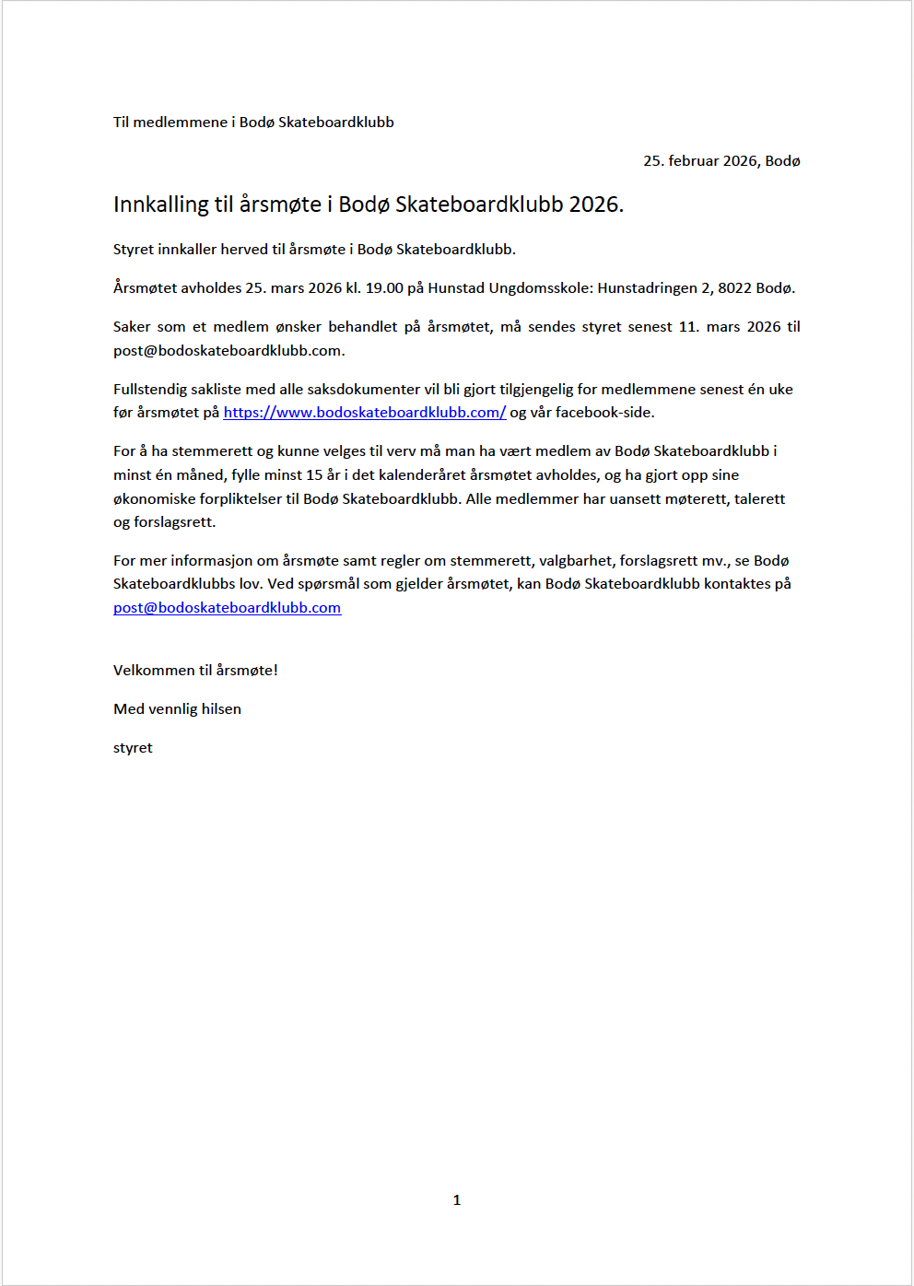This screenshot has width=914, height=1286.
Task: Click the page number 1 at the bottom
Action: (x=457, y=1199)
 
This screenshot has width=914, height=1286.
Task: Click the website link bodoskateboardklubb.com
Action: (x=364, y=413)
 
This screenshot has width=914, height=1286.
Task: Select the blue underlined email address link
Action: (x=227, y=608)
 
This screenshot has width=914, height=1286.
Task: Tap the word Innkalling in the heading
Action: (x=161, y=205)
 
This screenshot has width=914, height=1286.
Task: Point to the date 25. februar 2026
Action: (x=699, y=161)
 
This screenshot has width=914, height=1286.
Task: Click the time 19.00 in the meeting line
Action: (x=384, y=288)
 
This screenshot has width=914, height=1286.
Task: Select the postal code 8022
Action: (x=734, y=288)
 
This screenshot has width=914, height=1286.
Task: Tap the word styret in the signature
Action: (x=133, y=748)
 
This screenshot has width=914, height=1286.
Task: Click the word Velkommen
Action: (x=154, y=671)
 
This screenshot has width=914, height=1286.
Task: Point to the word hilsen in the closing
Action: (x=221, y=709)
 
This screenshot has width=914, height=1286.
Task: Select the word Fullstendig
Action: (x=150, y=390)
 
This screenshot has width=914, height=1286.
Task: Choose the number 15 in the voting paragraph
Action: (x=314, y=475)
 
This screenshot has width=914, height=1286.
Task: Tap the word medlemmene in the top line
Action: (x=180, y=123)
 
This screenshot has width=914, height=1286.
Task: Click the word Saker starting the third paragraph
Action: (x=132, y=327)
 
